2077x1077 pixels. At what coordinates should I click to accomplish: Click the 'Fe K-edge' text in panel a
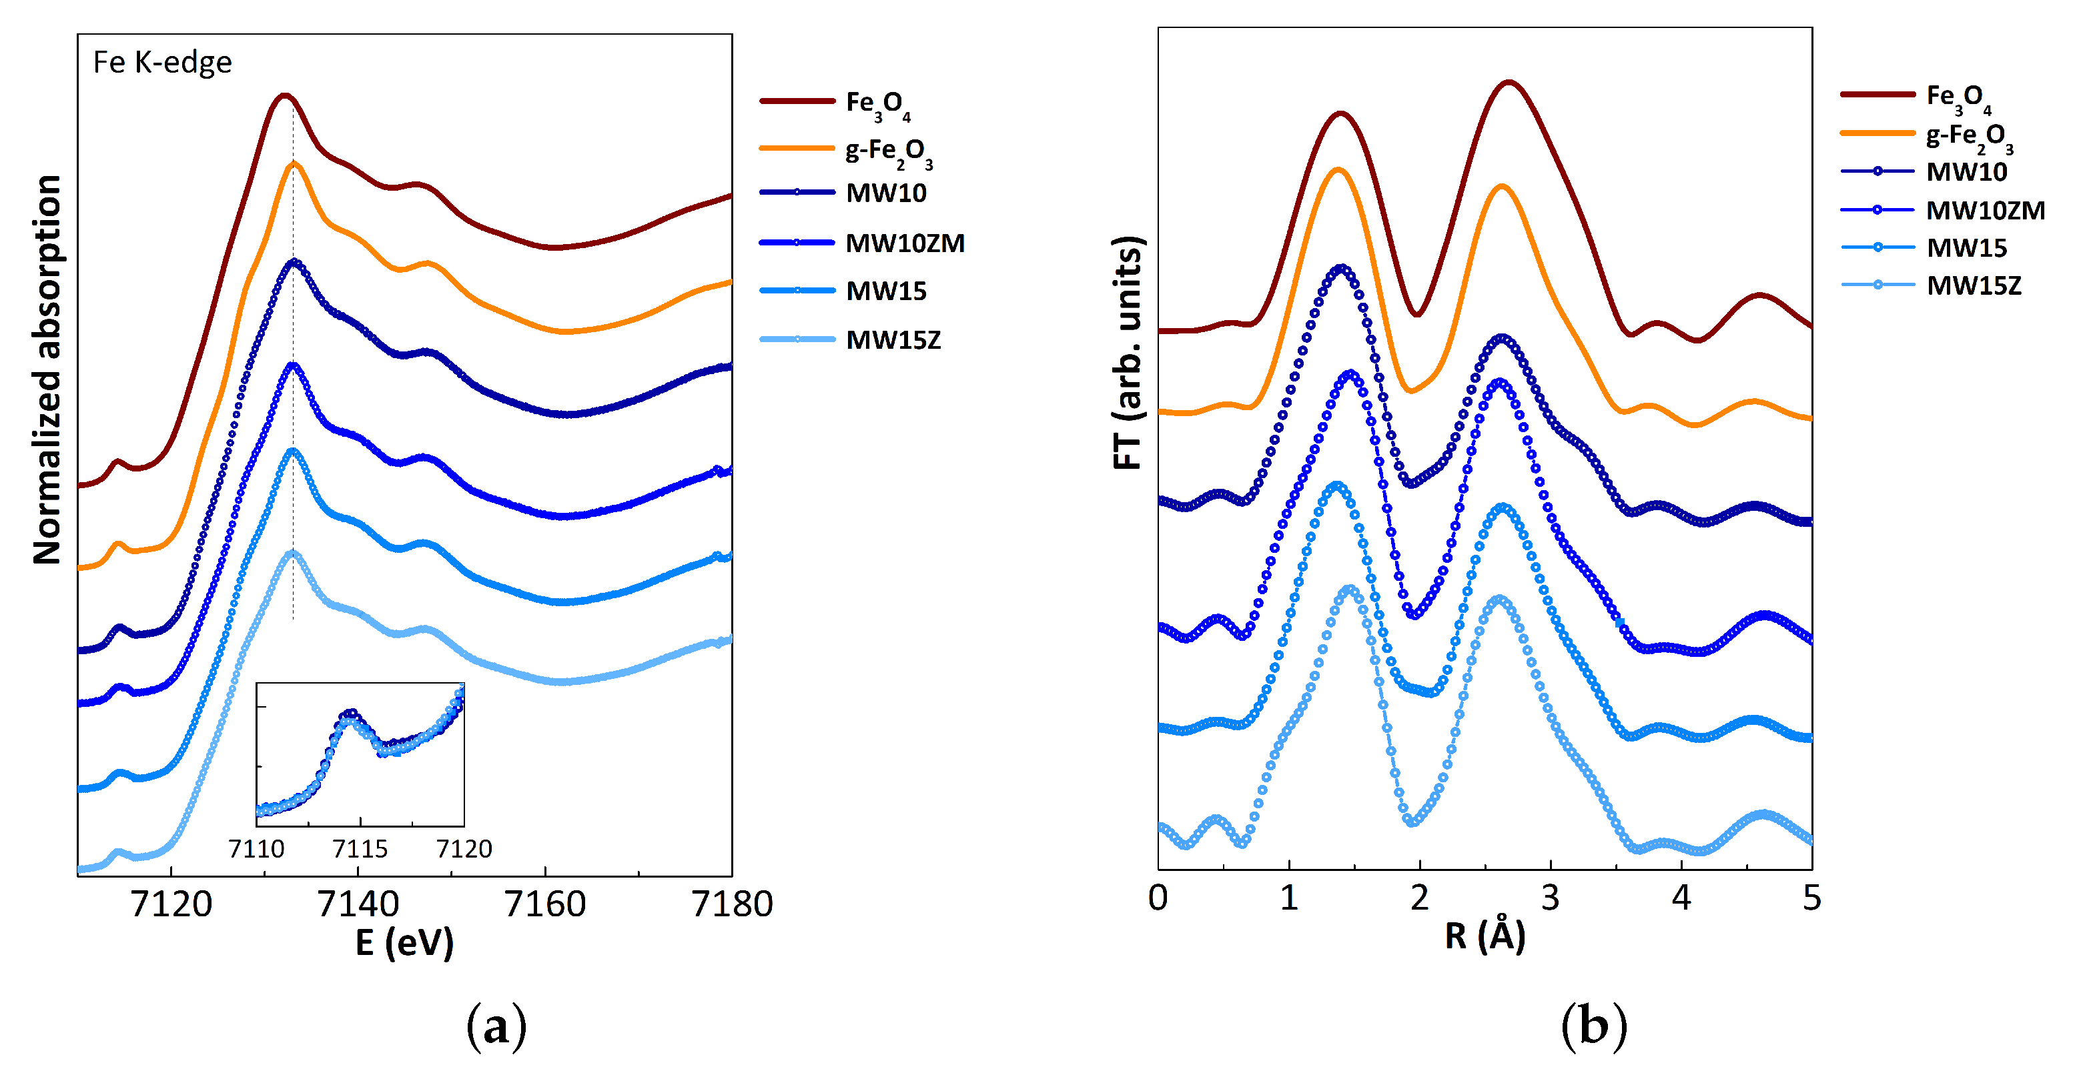162,63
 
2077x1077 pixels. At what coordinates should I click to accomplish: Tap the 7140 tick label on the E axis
358,904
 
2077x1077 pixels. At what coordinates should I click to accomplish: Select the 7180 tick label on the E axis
731,904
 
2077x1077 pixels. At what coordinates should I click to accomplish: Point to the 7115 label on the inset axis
360,849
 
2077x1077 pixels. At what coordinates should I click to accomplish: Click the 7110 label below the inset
256,849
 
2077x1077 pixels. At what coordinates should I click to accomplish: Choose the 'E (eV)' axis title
405,942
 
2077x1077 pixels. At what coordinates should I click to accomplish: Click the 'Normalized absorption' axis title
47,369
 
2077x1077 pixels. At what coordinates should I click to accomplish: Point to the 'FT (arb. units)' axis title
1128,353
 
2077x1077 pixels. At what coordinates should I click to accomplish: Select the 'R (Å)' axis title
1485,936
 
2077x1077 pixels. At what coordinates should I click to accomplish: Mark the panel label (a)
496,1026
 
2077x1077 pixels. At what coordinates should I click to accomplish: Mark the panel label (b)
1593,1026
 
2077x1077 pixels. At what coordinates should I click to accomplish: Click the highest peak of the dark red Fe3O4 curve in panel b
1508,81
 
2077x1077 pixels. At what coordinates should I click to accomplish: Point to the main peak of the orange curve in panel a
294,163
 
